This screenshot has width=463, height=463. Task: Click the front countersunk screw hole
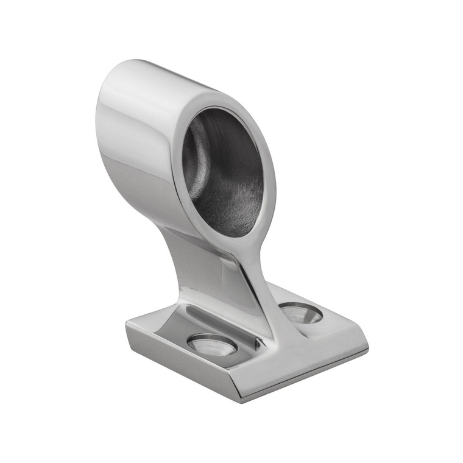(213, 344)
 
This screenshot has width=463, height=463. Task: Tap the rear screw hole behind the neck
(301, 313)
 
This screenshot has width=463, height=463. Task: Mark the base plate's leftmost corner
(127, 323)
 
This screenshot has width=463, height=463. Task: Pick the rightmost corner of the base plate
(368, 350)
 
